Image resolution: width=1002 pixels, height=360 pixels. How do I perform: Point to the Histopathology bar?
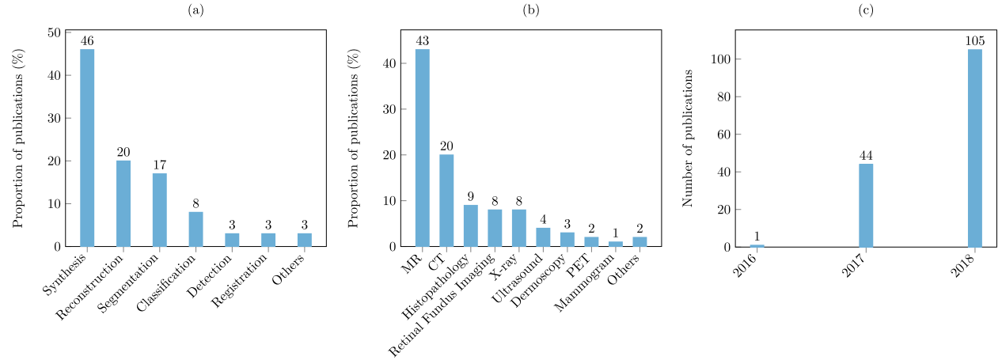[x=471, y=225]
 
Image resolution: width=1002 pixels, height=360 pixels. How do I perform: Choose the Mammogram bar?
[x=616, y=244]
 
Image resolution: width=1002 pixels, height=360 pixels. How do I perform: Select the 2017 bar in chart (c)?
[x=866, y=205]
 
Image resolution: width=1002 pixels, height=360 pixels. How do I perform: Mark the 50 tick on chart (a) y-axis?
[x=55, y=33]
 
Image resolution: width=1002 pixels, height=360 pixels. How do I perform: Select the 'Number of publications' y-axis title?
[x=689, y=138]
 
